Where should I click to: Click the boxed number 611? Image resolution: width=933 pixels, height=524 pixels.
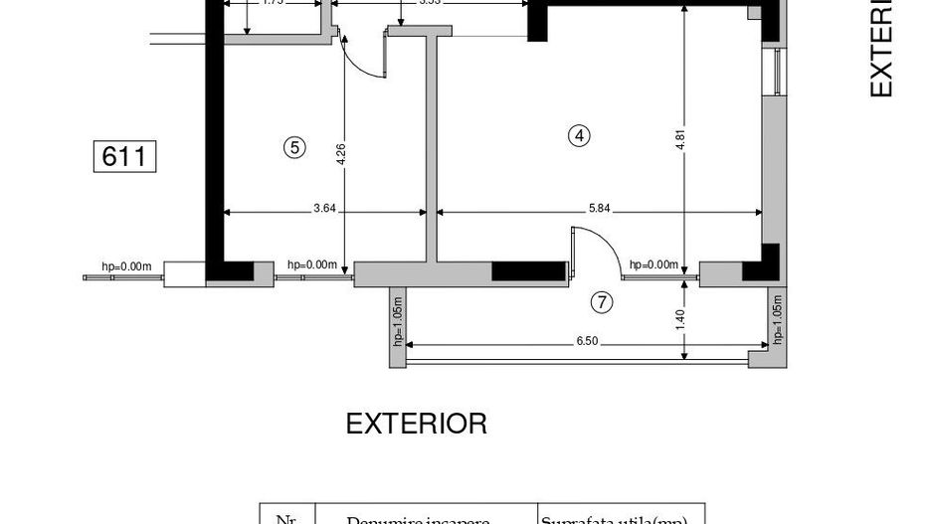(x=125, y=157)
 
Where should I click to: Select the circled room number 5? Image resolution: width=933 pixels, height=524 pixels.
(x=293, y=147)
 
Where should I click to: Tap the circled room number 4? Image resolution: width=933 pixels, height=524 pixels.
(x=579, y=136)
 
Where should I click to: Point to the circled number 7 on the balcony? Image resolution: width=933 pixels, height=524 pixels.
(x=602, y=302)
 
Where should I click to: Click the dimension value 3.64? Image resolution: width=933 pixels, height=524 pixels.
(x=324, y=208)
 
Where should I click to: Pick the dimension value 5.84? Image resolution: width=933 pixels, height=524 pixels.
(x=599, y=208)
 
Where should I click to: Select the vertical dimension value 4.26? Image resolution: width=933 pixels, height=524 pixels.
(x=341, y=154)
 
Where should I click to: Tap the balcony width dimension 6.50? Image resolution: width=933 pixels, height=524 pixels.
(x=587, y=341)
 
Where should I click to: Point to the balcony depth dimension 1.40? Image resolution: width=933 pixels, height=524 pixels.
(x=680, y=318)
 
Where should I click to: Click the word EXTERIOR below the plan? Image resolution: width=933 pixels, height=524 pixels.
(x=416, y=424)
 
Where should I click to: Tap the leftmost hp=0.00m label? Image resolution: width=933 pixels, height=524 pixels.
(x=126, y=266)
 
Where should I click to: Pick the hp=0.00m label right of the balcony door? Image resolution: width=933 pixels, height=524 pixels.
(x=653, y=265)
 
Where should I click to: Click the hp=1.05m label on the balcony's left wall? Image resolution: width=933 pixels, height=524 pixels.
(x=397, y=321)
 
